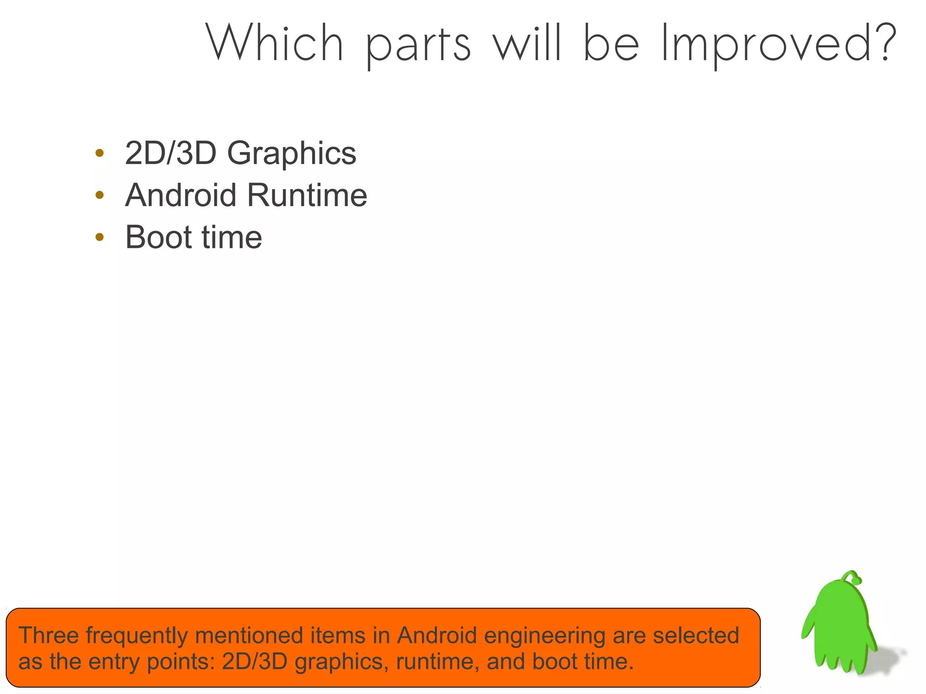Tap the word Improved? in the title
click(x=778, y=44)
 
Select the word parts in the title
click(x=418, y=46)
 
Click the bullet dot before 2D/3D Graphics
click(x=100, y=153)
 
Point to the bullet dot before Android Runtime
click(x=100, y=195)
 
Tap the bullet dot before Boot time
click(x=100, y=237)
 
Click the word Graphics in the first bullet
click(x=292, y=154)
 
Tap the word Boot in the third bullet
click(x=159, y=237)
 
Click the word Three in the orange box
click(x=48, y=635)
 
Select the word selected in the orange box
click(x=696, y=635)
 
